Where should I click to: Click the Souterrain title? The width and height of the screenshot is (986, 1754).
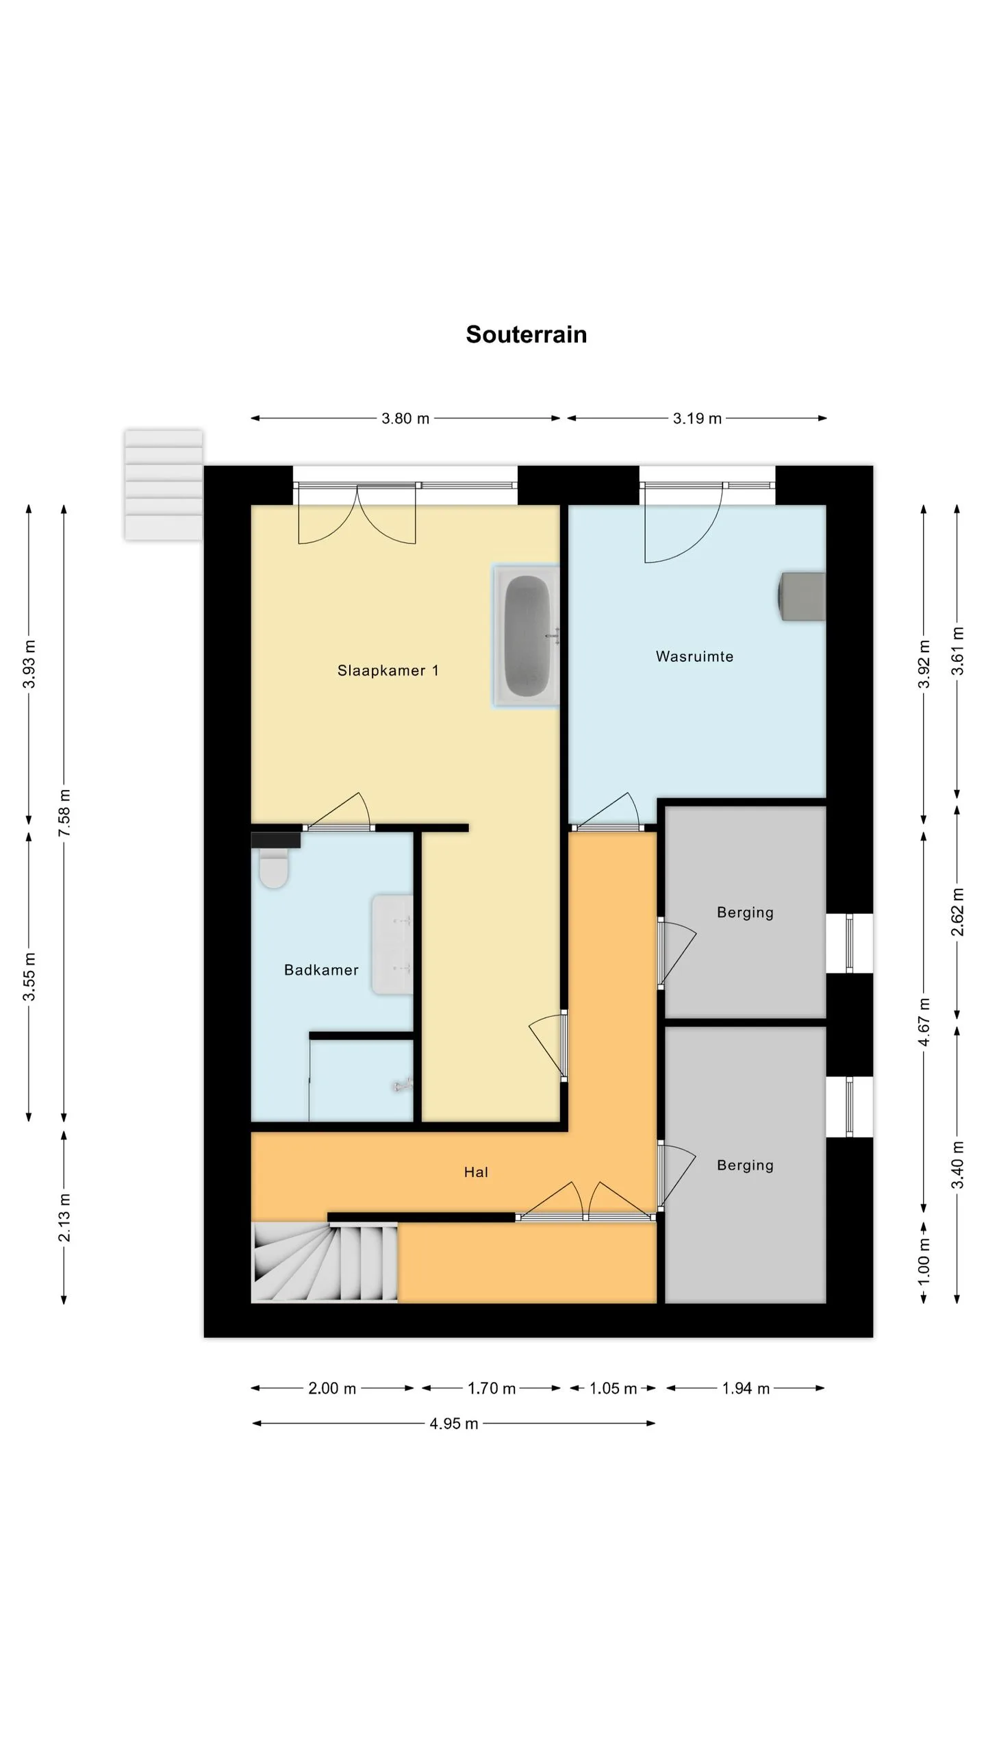[x=526, y=334]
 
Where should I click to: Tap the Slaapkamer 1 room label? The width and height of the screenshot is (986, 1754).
[x=388, y=671]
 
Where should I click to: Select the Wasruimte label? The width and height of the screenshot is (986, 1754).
[x=694, y=656]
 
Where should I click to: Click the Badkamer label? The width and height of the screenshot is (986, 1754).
[x=321, y=969]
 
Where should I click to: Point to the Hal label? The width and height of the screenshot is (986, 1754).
[x=476, y=1172]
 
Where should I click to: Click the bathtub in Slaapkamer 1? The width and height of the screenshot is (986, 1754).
[x=527, y=636]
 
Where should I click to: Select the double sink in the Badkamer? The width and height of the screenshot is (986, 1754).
[x=392, y=944]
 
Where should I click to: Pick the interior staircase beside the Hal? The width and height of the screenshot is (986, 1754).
[x=325, y=1262]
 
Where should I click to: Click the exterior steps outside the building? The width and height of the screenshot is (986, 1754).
[x=164, y=485]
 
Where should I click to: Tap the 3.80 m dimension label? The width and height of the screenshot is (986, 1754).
[x=405, y=419]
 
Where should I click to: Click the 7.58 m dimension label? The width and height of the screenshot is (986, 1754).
[x=64, y=813]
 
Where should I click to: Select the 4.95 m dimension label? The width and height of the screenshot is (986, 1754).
[x=453, y=1424]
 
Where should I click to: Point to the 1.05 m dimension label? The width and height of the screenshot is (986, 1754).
[x=614, y=1389]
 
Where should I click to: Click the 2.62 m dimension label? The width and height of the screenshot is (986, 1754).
[x=957, y=912]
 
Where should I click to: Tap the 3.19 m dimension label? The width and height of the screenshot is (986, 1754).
[x=697, y=419]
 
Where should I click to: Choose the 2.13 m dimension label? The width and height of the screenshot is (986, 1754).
[x=64, y=1218]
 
